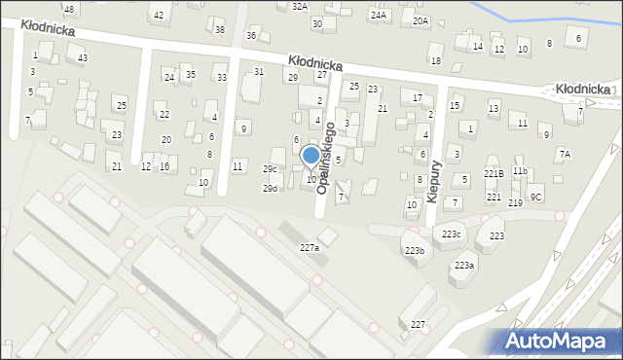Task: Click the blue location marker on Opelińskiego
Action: click(311, 156)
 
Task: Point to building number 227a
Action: click(309, 248)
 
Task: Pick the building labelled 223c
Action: click(452, 234)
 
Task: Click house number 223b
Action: click(415, 251)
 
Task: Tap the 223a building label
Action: click(463, 266)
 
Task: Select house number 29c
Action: click(270, 169)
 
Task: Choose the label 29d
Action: click(270, 189)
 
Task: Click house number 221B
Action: click(494, 173)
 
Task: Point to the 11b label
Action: click(520, 171)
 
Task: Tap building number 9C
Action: click(536, 197)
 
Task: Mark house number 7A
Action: click(565, 155)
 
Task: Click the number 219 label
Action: click(515, 202)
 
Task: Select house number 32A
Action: click(300, 6)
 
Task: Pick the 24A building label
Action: click(378, 16)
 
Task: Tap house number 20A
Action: click(421, 20)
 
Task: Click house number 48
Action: click(68, 9)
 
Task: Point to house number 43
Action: click(83, 58)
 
